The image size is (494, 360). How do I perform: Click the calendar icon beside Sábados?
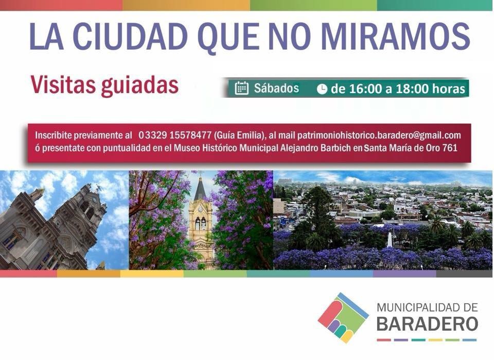[242, 88]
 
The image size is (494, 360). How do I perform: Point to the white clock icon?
[322, 89]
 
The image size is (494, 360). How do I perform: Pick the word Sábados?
[276, 88]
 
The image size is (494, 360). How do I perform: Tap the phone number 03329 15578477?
[175, 135]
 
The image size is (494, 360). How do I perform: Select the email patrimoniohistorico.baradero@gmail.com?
[379, 135]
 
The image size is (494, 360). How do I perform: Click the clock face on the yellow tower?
[200, 208]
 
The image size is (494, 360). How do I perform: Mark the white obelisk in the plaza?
[390, 239]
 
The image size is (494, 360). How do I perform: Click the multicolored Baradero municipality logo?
[343, 318]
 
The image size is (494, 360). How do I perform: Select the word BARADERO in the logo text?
[427, 323]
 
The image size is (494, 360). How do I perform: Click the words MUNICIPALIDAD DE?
[427, 308]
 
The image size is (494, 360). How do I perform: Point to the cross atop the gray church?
[99, 188]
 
